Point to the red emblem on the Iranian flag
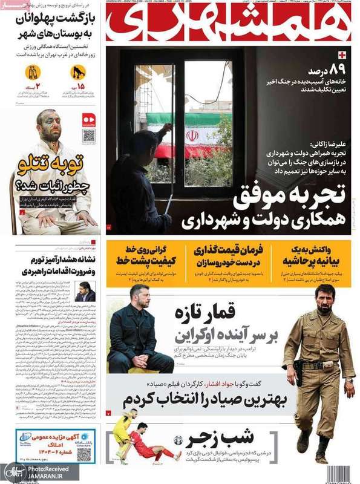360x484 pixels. click(x=192, y=136)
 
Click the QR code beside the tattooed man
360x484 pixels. click(x=89, y=135)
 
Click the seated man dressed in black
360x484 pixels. click(x=137, y=333)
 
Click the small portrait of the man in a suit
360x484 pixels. click(x=84, y=292)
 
